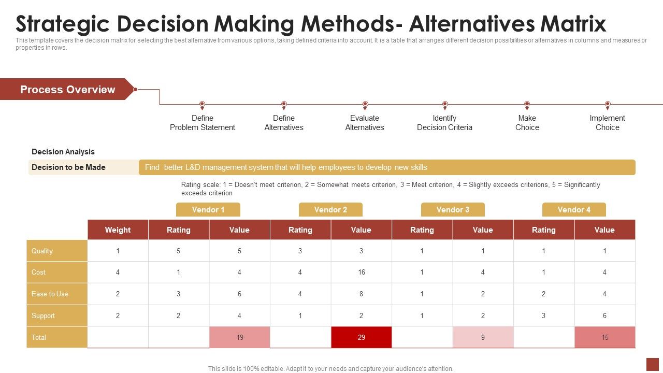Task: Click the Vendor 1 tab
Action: pos(208,210)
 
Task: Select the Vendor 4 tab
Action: pos(574,210)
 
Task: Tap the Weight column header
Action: pos(118,230)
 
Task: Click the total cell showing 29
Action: pos(361,337)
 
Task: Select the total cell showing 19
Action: pos(239,337)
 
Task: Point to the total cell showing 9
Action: pos(483,337)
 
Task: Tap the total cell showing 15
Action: pos(604,337)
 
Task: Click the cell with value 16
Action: pos(361,272)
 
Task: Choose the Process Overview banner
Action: pos(67,90)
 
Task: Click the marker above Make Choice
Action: pos(527,105)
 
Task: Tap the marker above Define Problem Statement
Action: pos(203,105)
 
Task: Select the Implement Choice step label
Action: pos(607,123)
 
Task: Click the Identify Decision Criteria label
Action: pos(444,123)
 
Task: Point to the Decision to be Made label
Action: pos(68,167)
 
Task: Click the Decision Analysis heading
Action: pos(63,152)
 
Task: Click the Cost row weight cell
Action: pos(118,272)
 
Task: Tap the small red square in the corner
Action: pos(652,364)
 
